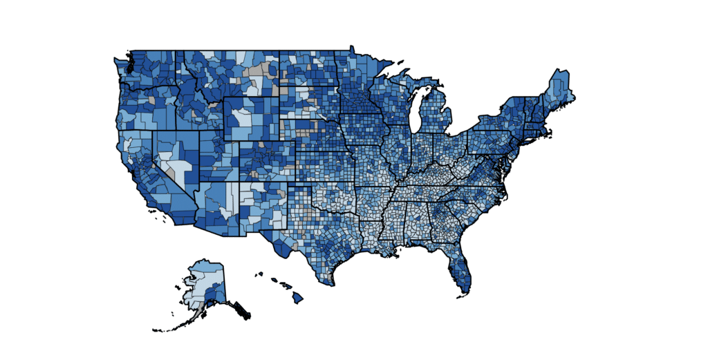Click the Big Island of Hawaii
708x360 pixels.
[x=297, y=298]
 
